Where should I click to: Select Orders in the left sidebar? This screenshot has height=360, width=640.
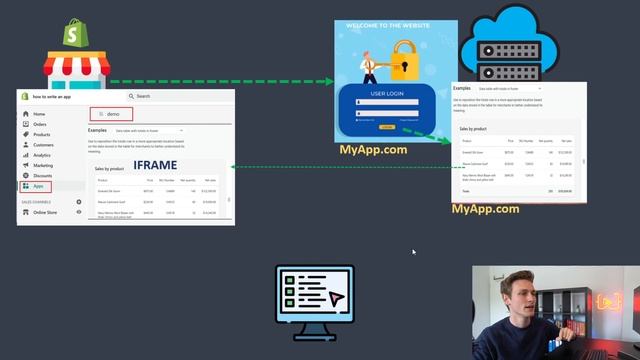point(41,125)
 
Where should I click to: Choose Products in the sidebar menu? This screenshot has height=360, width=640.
point(42,135)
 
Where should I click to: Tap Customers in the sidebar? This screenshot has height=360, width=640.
point(43,145)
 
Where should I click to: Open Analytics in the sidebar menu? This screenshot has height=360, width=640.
point(42,155)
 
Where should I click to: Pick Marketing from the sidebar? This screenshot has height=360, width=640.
point(43,165)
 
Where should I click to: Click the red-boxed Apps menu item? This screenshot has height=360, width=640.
point(38,186)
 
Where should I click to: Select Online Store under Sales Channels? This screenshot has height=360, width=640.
point(45,212)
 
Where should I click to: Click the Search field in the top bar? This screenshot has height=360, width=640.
point(160,96)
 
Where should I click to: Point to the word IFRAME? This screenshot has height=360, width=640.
point(155,165)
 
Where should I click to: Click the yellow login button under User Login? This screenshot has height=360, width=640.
point(386,127)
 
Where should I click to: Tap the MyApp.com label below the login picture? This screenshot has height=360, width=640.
point(373,150)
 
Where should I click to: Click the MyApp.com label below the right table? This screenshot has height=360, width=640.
point(485,209)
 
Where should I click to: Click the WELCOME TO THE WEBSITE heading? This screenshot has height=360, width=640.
point(391,26)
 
